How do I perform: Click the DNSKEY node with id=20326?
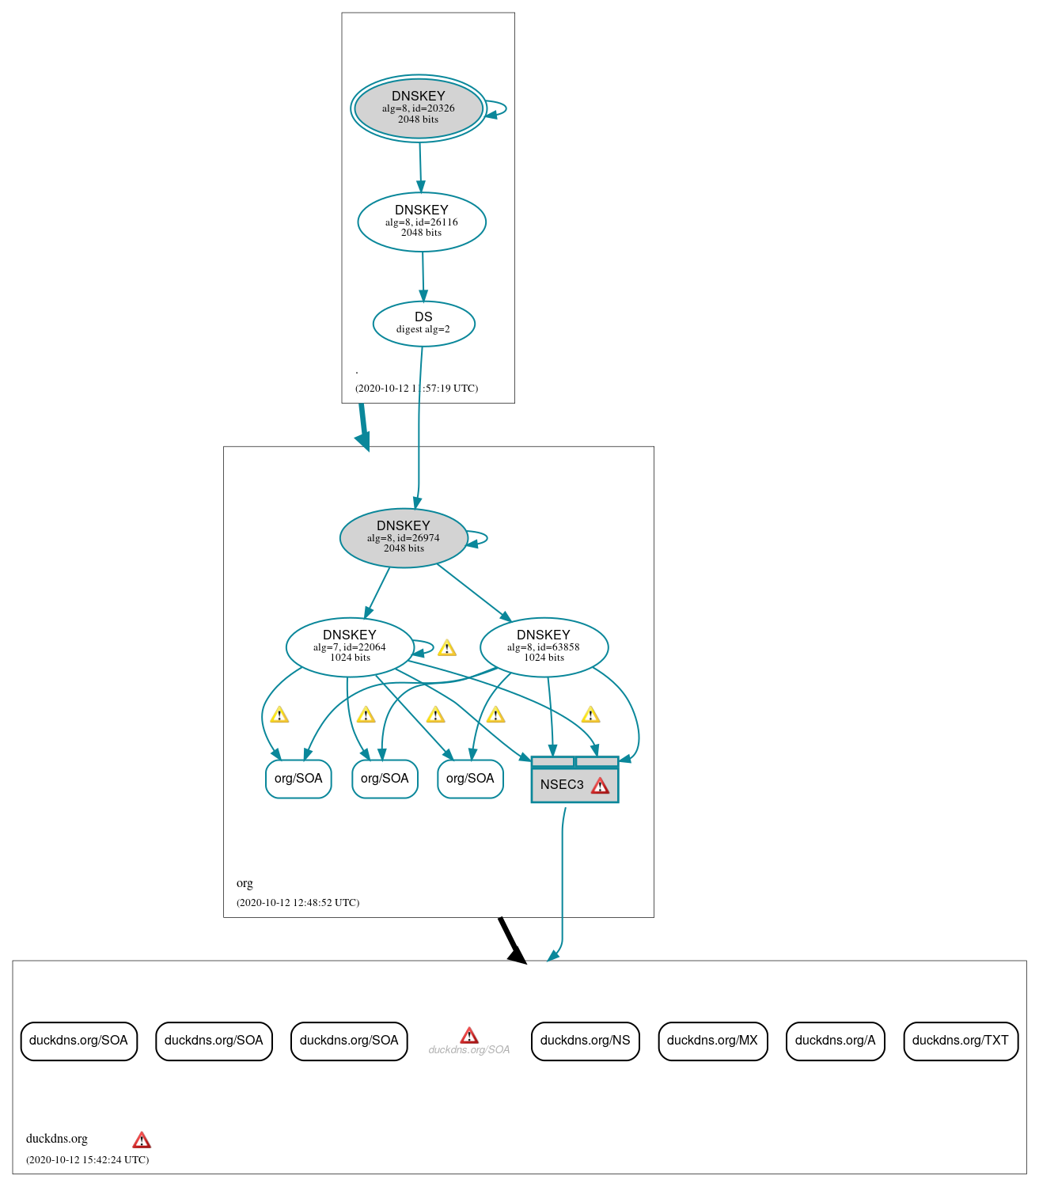tap(419, 108)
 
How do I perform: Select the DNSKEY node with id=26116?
tap(422, 222)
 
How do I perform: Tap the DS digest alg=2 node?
tap(423, 324)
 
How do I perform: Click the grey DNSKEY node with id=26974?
tap(404, 537)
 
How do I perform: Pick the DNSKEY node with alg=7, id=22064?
tap(349, 647)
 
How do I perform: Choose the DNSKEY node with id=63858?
tap(544, 647)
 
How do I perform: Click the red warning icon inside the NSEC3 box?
tap(600, 786)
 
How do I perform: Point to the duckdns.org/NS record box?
tap(585, 1041)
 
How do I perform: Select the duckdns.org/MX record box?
tap(712, 1041)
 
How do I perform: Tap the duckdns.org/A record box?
tap(835, 1041)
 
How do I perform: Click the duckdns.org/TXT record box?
tap(960, 1041)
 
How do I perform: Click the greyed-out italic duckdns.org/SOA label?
tap(468, 1050)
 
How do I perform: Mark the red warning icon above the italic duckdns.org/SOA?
tap(469, 1035)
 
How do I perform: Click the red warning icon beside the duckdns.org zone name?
tap(142, 1140)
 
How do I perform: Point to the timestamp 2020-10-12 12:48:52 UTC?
tap(298, 903)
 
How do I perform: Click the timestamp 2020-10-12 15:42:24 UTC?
tap(87, 1160)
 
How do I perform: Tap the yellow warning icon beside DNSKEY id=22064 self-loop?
tap(446, 648)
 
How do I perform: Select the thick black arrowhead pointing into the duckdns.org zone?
tap(518, 955)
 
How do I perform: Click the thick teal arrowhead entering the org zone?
tap(363, 441)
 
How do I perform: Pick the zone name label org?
tap(245, 883)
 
